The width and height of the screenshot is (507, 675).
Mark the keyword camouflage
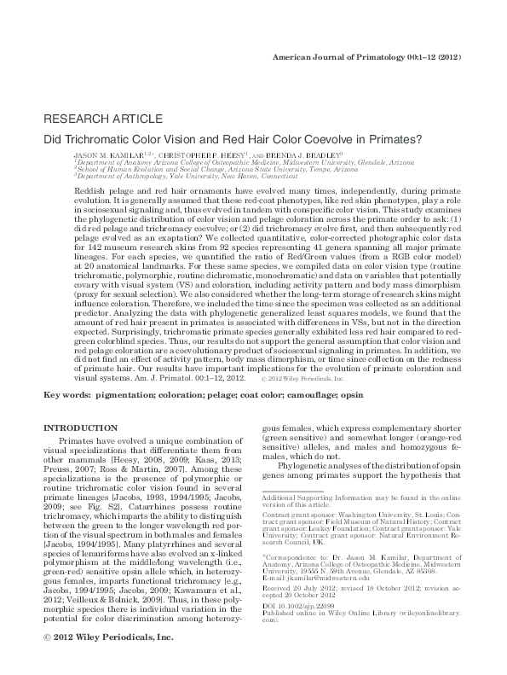pyautogui.click(x=330, y=396)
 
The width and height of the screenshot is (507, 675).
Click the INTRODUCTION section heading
pyautogui.click(x=80, y=427)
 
